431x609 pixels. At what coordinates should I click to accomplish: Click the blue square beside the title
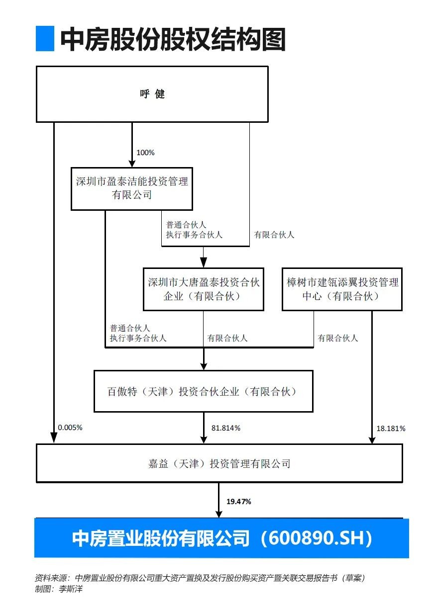tap(45, 39)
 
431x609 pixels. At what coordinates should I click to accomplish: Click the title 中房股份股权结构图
tap(173, 39)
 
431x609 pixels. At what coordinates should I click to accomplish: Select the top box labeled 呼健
tap(152, 94)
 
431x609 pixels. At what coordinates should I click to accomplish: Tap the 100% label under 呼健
tap(145, 153)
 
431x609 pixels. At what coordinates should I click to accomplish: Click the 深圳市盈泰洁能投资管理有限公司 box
tap(132, 189)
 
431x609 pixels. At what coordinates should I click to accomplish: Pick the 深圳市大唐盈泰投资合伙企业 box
tap(204, 289)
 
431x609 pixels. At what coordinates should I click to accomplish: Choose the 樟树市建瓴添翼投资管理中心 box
tap(342, 289)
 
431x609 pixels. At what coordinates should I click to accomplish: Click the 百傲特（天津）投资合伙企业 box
tap(204, 391)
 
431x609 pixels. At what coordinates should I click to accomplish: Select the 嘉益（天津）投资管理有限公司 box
tap(219, 463)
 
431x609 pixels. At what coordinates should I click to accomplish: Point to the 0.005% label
tap(70, 428)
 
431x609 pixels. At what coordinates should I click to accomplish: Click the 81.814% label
tap(226, 428)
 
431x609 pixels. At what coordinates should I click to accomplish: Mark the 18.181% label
tap(391, 429)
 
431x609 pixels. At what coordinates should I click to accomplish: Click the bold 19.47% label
tap(238, 502)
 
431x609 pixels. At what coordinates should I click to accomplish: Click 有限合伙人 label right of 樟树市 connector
tap(337, 338)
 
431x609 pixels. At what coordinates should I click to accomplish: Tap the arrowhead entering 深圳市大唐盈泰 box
tap(204, 262)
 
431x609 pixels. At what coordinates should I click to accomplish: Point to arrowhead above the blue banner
tap(219, 513)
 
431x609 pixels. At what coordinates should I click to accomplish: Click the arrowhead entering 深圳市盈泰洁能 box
tap(132, 163)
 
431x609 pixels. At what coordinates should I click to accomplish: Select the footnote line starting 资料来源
tap(200, 578)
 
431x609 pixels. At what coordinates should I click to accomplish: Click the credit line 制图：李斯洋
tap(59, 589)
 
